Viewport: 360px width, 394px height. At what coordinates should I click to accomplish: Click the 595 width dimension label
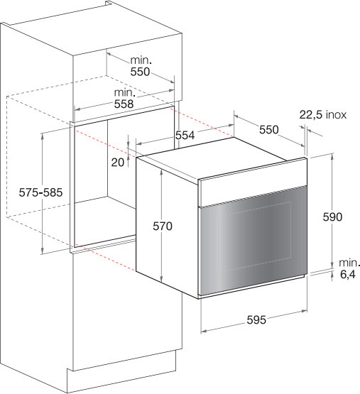pyautogui.click(x=256, y=320)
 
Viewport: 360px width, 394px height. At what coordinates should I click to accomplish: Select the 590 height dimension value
pyautogui.click(x=332, y=217)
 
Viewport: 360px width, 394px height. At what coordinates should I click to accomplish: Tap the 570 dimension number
pyautogui.click(x=163, y=226)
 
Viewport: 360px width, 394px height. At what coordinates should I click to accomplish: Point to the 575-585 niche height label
pyautogui.click(x=40, y=192)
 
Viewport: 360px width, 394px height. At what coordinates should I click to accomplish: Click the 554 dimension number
pyautogui.click(x=185, y=135)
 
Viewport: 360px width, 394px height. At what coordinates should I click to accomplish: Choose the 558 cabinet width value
pyautogui.click(x=124, y=104)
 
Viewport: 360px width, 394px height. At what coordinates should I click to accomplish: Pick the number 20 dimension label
pyautogui.click(x=118, y=163)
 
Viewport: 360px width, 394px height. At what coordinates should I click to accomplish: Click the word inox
pyautogui.click(x=337, y=115)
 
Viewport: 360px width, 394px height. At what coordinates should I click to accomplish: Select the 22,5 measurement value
pyautogui.click(x=311, y=115)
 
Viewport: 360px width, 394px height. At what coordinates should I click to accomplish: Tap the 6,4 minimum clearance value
pyautogui.click(x=348, y=275)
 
